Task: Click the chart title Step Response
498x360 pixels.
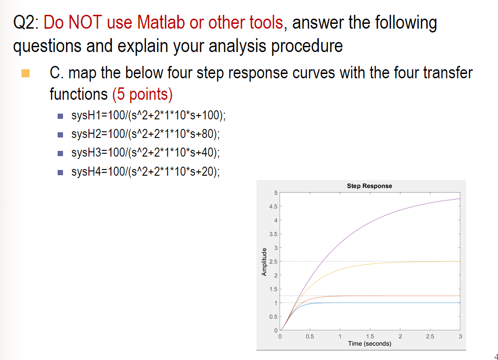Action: (369, 186)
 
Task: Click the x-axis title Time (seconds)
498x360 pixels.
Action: (369, 344)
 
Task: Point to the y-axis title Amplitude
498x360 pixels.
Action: (263, 261)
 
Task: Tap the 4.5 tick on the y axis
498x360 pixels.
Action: (273, 206)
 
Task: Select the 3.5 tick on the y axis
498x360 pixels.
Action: (273, 234)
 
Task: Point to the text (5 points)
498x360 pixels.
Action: (142, 94)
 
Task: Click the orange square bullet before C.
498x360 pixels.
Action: (25, 74)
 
